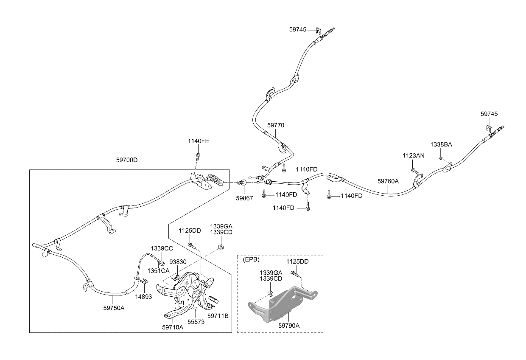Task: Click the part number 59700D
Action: click(x=127, y=160)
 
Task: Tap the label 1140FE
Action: click(x=199, y=141)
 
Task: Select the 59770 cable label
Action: click(x=276, y=125)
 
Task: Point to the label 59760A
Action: click(x=388, y=181)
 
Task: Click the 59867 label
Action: click(x=244, y=198)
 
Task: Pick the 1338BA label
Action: click(x=441, y=144)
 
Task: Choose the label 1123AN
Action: click(x=414, y=155)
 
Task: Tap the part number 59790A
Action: click(x=289, y=326)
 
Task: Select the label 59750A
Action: click(x=114, y=308)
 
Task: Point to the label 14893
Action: click(x=143, y=297)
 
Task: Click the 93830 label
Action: click(x=178, y=262)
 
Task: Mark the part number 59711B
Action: click(x=218, y=316)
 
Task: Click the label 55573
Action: click(x=196, y=322)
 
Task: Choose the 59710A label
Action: click(x=173, y=327)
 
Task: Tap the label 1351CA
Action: click(x=158, y=271)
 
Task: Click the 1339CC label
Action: click(x=162, y=248)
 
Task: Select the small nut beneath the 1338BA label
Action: click(x=441, y=158)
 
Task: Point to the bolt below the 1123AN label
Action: click(x=415, y=172)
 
